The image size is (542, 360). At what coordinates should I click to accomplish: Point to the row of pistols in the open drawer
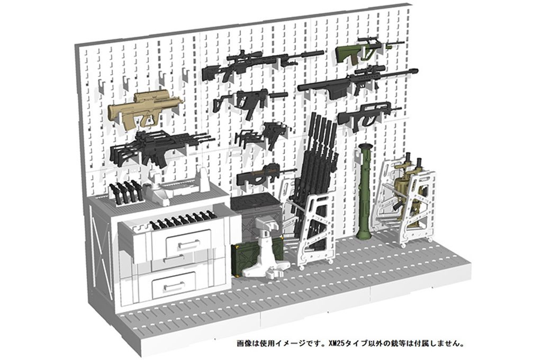183,221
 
